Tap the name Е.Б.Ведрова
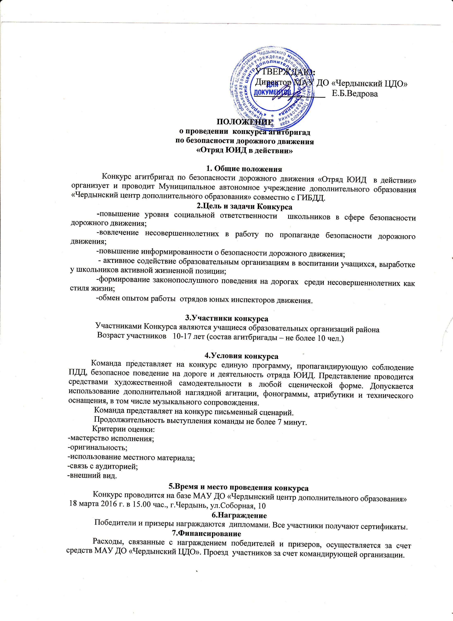coord(355,94)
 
